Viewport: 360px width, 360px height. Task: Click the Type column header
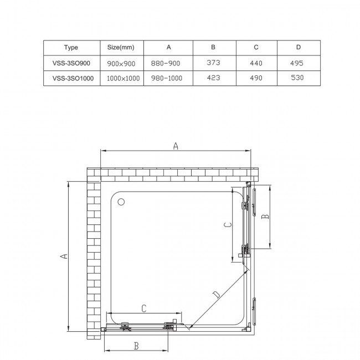(71, 47)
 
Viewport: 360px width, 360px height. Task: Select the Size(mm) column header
(121, 47)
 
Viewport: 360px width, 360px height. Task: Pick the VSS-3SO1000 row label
(71, 79)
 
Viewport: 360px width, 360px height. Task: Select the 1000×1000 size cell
(121, 79)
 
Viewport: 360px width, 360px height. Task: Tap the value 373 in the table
(214, 63)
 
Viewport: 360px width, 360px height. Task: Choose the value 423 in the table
(214, 79)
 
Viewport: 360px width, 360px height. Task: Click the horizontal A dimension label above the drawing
(176, 146)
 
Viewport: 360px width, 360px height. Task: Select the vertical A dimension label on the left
(64, 256)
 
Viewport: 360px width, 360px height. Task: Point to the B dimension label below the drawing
(136, 346)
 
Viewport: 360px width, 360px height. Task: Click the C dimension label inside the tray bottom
(143, 308)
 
